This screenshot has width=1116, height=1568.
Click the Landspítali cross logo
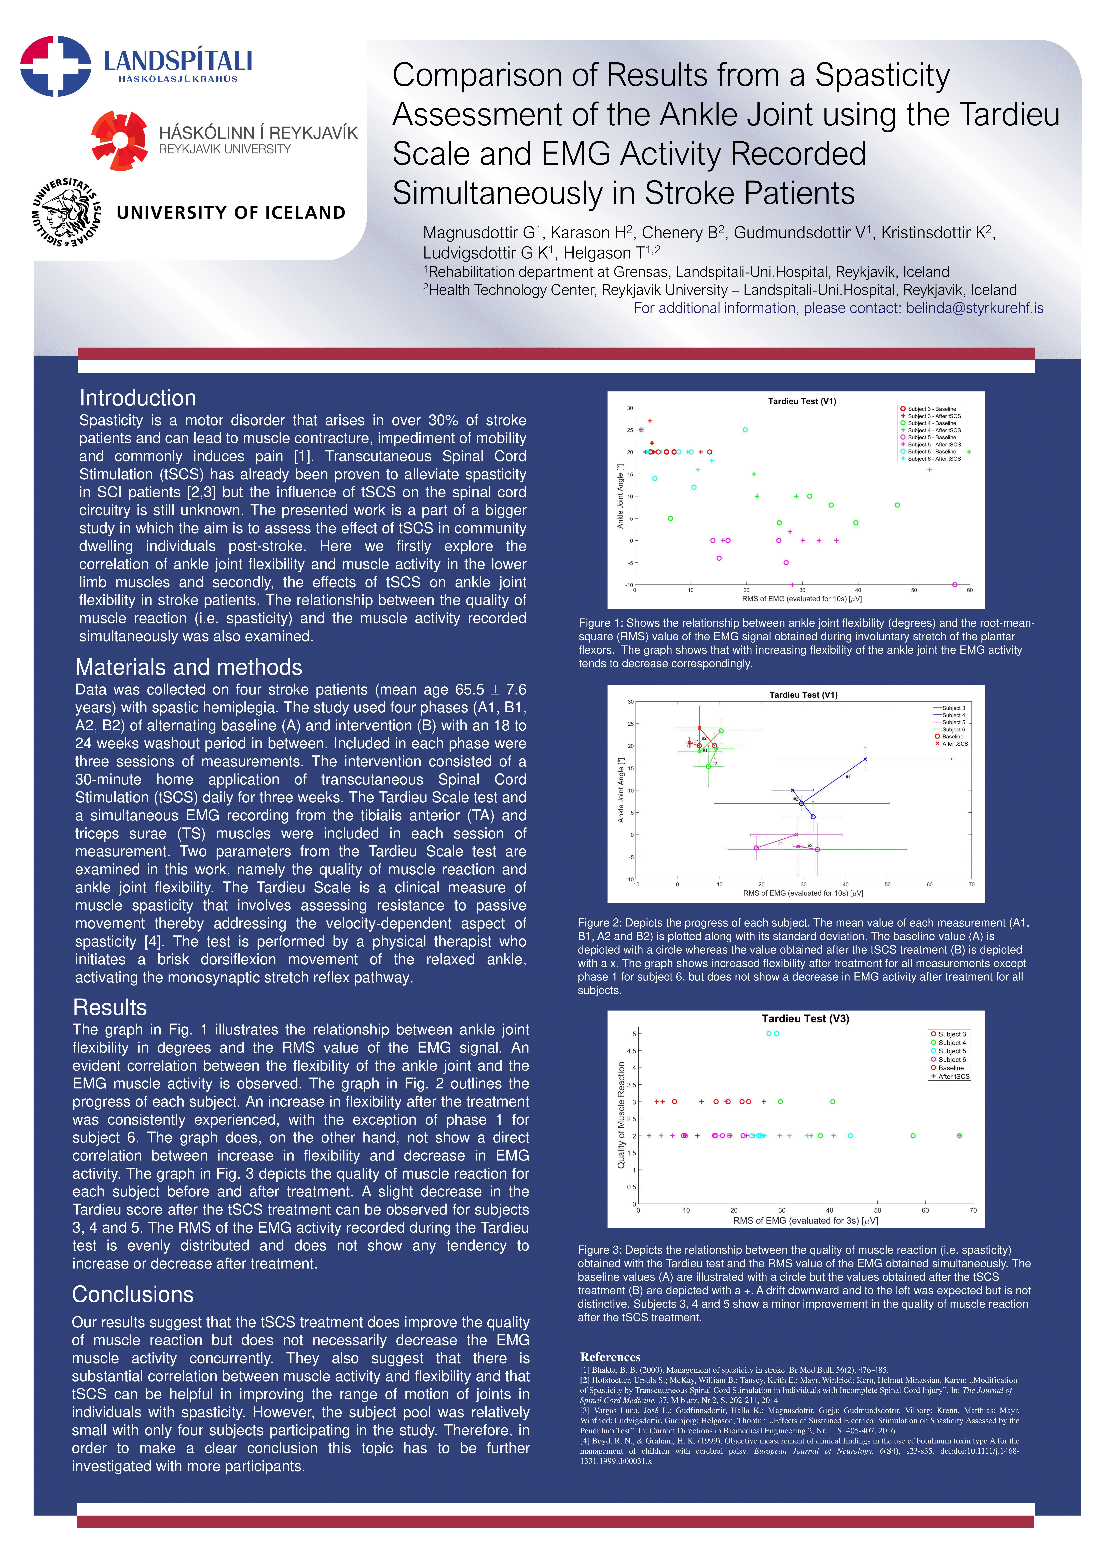[55, 66]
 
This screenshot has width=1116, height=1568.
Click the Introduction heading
[137, 398]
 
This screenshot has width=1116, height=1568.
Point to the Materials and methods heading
[188, 667]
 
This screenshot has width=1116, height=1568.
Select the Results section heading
[110, 1007]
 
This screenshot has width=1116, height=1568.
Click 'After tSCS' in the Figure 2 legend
[955, 743]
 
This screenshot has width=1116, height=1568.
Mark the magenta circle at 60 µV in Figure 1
[955, 585]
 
